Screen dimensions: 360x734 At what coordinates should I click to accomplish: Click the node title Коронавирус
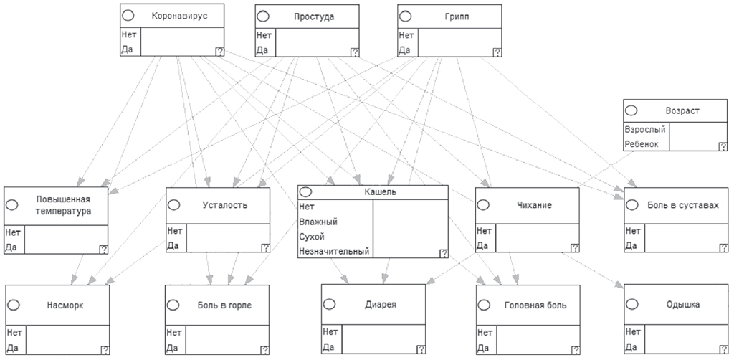180,16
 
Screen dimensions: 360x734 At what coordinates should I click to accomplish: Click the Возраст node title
682,111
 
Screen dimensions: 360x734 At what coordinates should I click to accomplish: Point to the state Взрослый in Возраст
645,130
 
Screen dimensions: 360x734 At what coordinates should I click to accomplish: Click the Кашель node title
380,192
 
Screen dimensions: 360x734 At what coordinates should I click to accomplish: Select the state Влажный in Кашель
319,222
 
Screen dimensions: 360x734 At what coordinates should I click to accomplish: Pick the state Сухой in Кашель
313,237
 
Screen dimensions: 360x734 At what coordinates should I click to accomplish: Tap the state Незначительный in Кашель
335,252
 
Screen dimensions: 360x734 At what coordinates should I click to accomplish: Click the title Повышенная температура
64,204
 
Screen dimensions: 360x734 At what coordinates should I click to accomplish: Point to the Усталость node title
225,205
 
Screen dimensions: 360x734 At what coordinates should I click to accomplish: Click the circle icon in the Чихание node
483,205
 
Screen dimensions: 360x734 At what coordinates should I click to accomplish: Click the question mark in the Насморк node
105,350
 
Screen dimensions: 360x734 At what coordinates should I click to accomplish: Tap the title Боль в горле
225,305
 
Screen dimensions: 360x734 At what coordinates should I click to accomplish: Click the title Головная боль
534,305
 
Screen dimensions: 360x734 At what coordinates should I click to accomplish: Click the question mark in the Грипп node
497,52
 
